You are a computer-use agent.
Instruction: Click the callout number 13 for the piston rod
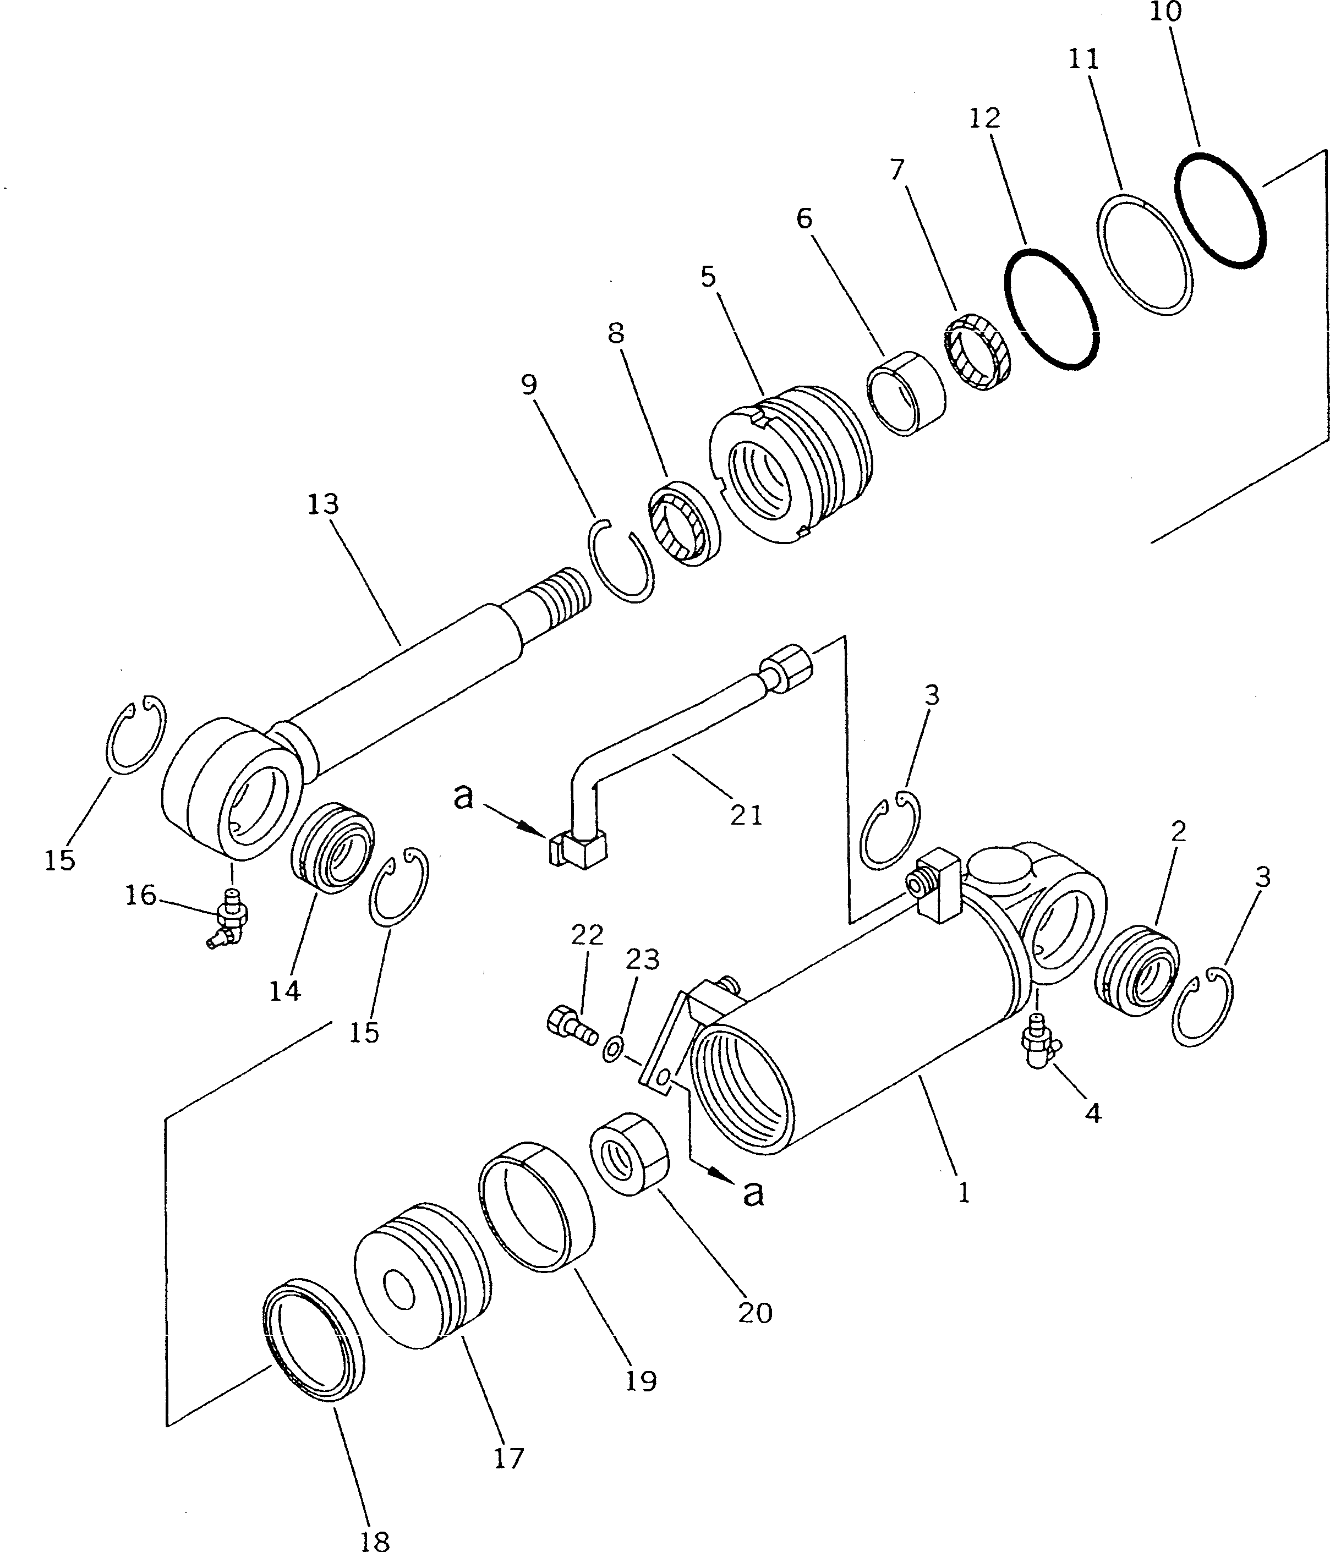323,505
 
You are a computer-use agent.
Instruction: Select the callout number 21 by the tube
746,814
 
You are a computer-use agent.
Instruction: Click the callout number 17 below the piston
509,1458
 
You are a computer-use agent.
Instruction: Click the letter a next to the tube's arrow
464,797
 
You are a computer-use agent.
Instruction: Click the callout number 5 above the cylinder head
708,277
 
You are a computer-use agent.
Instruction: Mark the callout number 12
984,118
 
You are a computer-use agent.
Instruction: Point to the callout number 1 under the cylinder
964,1192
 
